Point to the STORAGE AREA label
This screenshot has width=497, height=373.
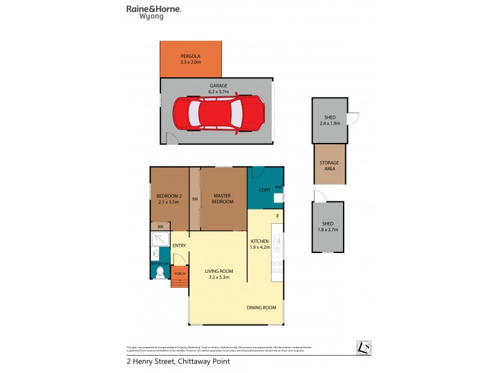[329, 165]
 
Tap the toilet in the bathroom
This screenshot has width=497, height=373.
[159, 272]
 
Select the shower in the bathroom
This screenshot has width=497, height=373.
[160, 239]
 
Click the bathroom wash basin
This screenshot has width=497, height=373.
[155, 254]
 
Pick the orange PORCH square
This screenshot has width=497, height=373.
[179, 273]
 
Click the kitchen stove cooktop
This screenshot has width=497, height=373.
[278, 267]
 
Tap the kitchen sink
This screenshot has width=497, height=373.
[278, 239]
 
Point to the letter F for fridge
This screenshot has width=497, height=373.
[278, 216]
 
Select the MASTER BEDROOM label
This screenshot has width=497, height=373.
[223, 198]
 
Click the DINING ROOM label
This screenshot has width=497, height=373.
[262, 307]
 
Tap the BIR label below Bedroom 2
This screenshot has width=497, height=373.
[161, 228]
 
